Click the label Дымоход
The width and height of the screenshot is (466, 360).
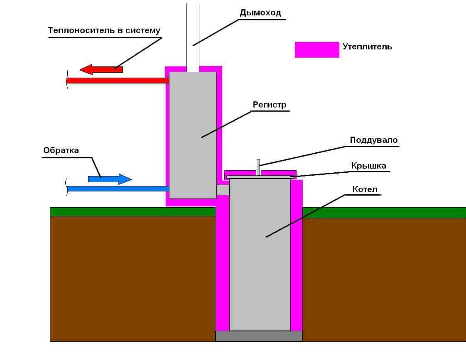tap(260, 12)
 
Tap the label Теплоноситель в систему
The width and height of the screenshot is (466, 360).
tap(104, 30)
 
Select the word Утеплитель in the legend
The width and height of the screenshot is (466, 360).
tap(367, 47)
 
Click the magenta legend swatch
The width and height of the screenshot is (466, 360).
tap(317, 49)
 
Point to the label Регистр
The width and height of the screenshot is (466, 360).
tap(270, 105)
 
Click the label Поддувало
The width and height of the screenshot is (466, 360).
tap(373, 140)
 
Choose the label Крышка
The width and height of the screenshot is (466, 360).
tap(368, 166)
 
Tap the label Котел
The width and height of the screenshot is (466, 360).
tap(365, 190)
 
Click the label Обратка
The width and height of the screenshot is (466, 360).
tap(61, 150)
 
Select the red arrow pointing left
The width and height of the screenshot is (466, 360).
tap(101, 69)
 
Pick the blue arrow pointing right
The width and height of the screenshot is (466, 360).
tap(110, 179)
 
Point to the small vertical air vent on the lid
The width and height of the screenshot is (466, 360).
tap(258, 167)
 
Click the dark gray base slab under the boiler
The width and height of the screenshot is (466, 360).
tap(259, 336)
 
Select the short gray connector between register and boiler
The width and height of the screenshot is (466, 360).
tap(223, 190)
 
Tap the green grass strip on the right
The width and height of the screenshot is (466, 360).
tap(384, 212)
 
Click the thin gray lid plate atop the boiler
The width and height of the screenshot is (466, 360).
tap(260, 177)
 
